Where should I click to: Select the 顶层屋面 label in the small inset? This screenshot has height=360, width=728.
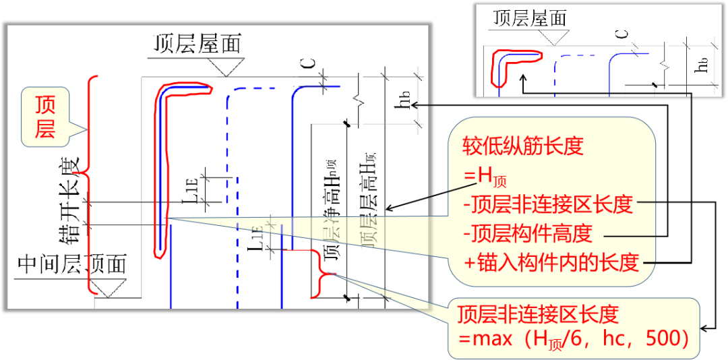pos(530,18)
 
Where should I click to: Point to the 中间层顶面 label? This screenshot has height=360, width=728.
pos(72,264)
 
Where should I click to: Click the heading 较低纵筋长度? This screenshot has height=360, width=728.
pos(522,146)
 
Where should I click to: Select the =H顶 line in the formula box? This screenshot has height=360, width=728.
pos(484,177)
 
